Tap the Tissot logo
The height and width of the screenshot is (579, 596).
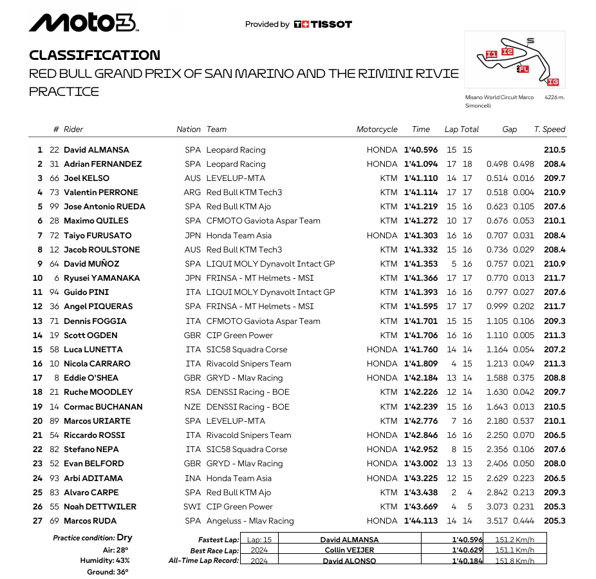coord(322,24)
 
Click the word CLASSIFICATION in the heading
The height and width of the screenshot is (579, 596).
coord(95,55)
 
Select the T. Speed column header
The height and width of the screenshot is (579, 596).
coord(550,129)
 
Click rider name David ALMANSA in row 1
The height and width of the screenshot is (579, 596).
coord(96,150)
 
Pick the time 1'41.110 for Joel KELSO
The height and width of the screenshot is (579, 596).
coord(421,178)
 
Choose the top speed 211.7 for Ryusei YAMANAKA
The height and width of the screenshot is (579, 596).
coord(554,278)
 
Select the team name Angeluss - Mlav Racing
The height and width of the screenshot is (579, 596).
coord(250,521)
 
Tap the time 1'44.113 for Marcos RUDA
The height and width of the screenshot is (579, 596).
coord(421,521)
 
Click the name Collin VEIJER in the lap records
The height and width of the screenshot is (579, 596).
coord(349,550)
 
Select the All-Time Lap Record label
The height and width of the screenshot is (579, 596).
coord(203,560)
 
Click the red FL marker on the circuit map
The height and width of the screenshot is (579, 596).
coord(523,68)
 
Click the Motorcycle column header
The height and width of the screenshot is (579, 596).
coord(377,129)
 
